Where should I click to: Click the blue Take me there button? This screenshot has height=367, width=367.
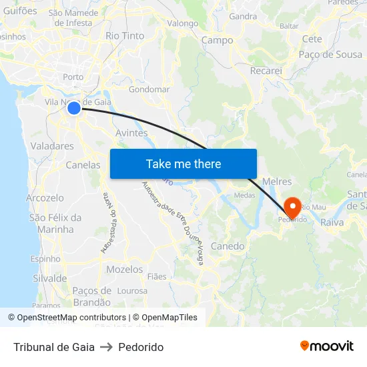coord(183,163)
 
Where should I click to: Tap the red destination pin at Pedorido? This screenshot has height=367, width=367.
coord(292,207)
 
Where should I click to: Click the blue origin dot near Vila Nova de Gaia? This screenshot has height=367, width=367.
coord(74,107)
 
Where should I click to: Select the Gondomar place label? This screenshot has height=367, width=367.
coord(149,89)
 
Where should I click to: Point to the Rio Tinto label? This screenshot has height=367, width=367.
coord(125,35)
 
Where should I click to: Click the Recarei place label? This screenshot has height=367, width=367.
coord(266,70)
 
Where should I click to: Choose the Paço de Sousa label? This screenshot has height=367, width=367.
coord(331,54)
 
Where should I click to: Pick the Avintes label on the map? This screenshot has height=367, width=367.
coord(131,133)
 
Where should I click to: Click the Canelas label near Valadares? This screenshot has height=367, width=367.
coord(83,165)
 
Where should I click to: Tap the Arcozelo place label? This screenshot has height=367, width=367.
coord(45,198)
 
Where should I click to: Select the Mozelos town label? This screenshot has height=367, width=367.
coord(125,270)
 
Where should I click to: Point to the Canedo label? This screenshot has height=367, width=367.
coord(228,246)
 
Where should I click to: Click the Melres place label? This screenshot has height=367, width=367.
coord(278,181)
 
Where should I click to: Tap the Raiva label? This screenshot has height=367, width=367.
coord(332,222)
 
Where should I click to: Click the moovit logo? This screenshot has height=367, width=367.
coord(327,346)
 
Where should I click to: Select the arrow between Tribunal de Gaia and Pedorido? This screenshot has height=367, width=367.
coord(106,347)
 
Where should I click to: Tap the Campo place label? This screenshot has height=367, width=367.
coord(218,40)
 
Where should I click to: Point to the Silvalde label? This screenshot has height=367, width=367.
coord(49,278)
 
